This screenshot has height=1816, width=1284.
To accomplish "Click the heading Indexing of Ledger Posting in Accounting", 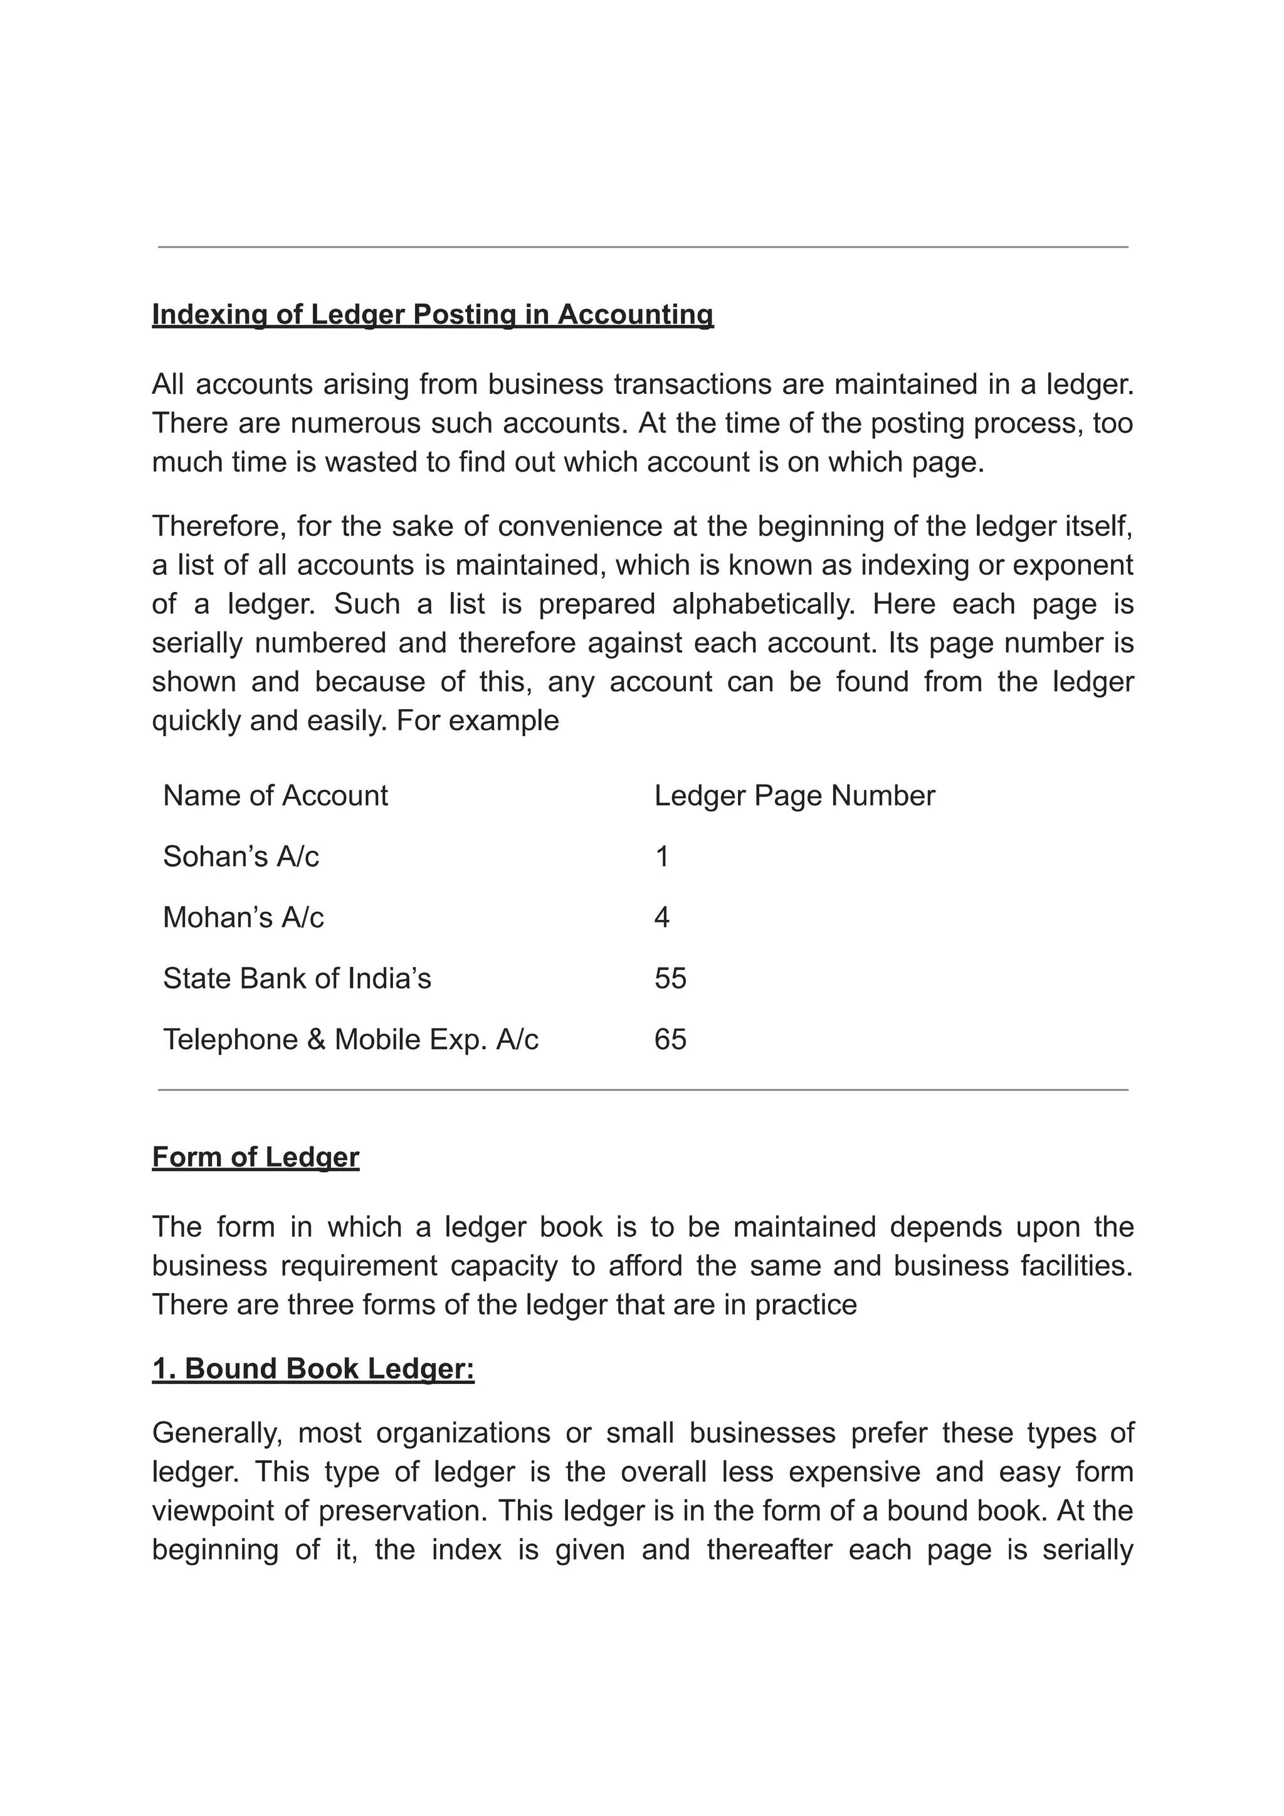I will click(433, 315).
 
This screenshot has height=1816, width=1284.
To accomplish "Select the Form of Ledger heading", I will click(255, 1157).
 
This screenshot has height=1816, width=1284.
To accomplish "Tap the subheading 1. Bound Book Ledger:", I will click(313, 1368).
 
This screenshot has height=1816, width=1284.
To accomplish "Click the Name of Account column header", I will click(275, 796).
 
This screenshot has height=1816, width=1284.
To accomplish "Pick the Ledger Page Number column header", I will click(794, 796).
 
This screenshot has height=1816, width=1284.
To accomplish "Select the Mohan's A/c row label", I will click(243, 917).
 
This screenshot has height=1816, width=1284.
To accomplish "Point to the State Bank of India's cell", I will click(297, 978).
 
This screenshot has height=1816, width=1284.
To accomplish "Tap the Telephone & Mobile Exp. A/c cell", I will click(350, 1039).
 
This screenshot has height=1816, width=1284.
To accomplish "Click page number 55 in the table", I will click(670, 978).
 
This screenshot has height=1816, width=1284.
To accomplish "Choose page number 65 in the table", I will click(670, 1039).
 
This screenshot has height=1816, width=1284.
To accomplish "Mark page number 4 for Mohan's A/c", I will click(662, 917).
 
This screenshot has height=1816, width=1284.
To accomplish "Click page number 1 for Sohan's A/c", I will click(662, 857).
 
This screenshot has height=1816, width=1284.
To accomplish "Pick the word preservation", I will click(402, 1510).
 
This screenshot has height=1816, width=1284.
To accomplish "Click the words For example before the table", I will click(478, 721).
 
